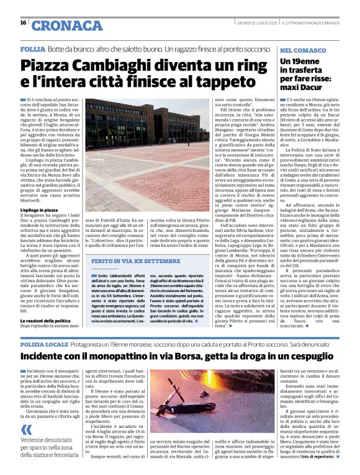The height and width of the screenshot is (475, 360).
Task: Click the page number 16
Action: [x=23, y=23]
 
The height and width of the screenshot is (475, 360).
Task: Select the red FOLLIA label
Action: [x=32, y=48]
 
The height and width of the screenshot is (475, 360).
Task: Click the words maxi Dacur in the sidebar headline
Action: [x=304, y=88]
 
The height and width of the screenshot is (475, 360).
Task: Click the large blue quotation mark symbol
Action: [x=25, y=430]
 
